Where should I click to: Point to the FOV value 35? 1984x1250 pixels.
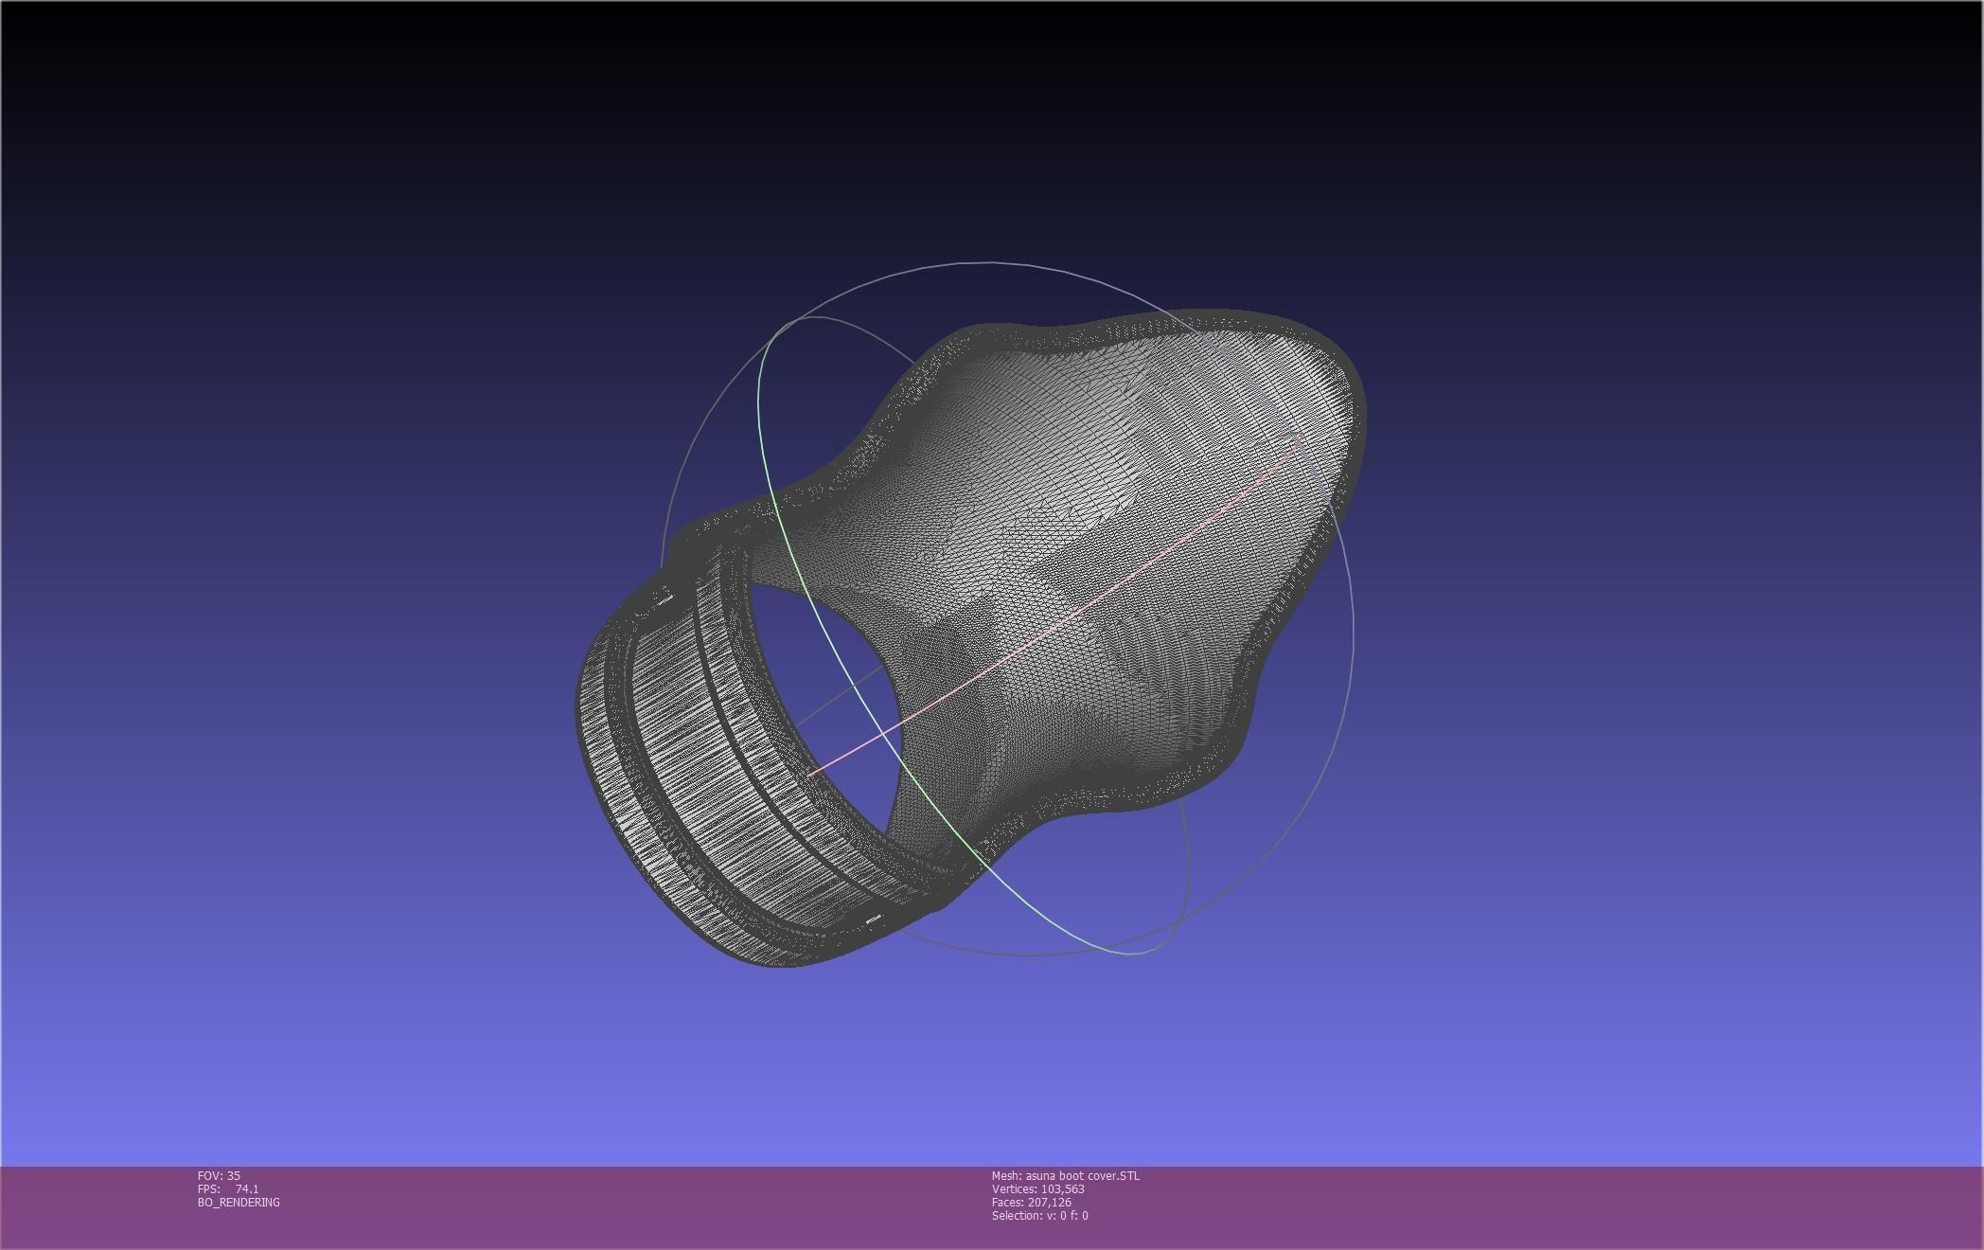coord(234,1175)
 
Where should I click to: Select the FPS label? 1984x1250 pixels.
coord(208,1188)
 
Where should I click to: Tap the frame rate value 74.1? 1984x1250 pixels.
coord(247,1188)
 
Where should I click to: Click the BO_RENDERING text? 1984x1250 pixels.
coord(239,1202)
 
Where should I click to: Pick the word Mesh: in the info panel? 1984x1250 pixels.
coord(1006,1175)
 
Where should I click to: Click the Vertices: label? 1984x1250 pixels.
coord(1014,1188)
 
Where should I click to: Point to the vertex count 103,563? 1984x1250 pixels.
coord(1062,1188)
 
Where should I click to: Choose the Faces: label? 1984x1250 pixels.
coord(1007,1202)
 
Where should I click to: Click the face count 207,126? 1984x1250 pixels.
coord(1050,1202)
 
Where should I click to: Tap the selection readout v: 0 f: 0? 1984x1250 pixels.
coord(1069,1215)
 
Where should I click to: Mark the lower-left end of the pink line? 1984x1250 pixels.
coord(810,774)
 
